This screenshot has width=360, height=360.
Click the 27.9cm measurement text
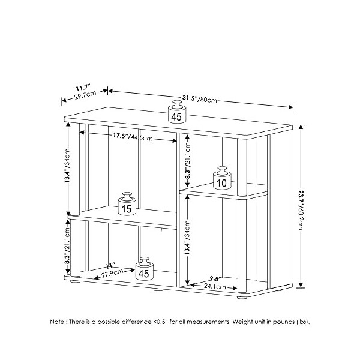[x=112, y=273]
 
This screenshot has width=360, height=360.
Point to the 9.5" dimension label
[x=215, y=278]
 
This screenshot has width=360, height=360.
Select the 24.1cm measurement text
[x=215, y=286]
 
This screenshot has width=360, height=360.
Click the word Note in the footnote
[x=58, y=322]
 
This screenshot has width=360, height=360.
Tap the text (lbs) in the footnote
[x=302, y=322]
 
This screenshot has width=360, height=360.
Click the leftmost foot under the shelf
[x=75, y=281]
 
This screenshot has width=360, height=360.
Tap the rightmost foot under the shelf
[x=242, y=296]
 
